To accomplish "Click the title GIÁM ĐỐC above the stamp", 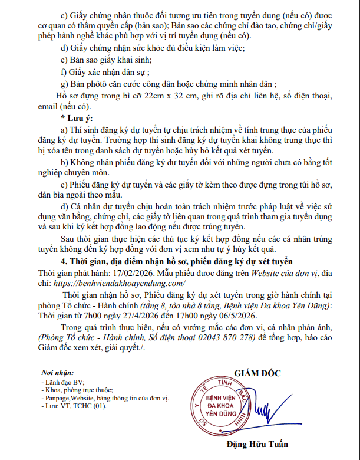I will click(257, 373).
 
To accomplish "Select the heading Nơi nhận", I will click(58, 374).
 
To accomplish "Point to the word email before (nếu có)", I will click(49, 107).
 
